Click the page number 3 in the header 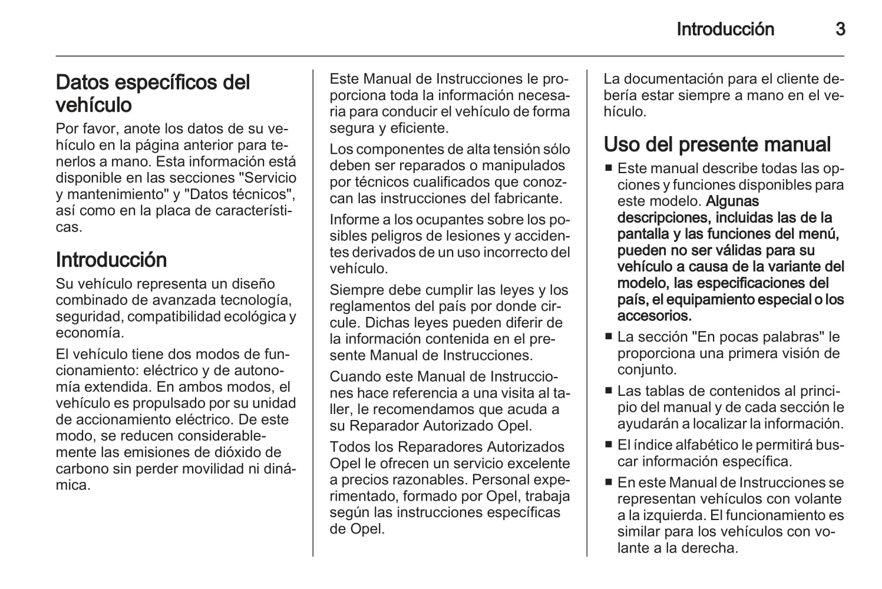click(x=840, y=29)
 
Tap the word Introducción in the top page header click(x=725, y=29)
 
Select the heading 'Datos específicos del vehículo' click(x=153, y=93)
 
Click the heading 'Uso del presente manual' click(x=717, y=144)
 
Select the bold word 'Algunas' click(x=732, y=201)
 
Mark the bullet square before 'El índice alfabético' click(x=609, y=445)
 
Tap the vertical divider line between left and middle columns click(x=313, y=312)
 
